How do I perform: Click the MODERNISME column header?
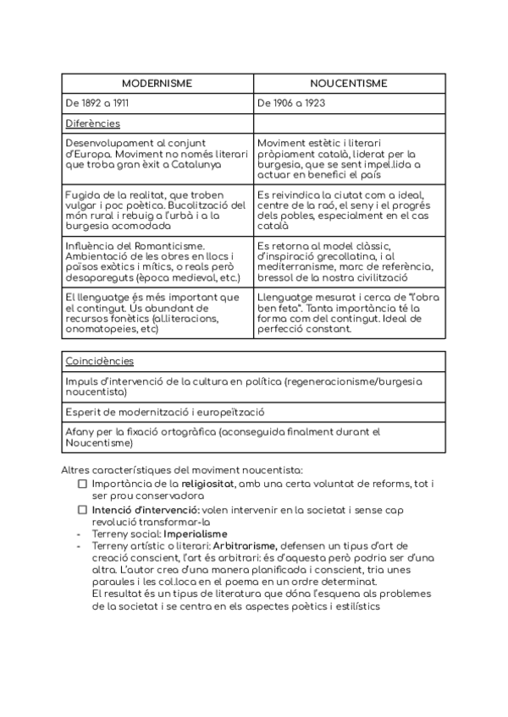(157, 83)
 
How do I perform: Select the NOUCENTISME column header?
(349, 83)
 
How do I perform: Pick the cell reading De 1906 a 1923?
(291, 103)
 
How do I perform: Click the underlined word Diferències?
(92, 123)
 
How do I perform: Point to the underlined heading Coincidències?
(99, 361)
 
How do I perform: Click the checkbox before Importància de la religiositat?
(82, 484)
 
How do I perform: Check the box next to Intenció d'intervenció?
(82, 510)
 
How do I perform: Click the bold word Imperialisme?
(196, 534)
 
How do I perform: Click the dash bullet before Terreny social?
(78, 534)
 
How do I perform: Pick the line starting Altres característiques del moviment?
(181, 469)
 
